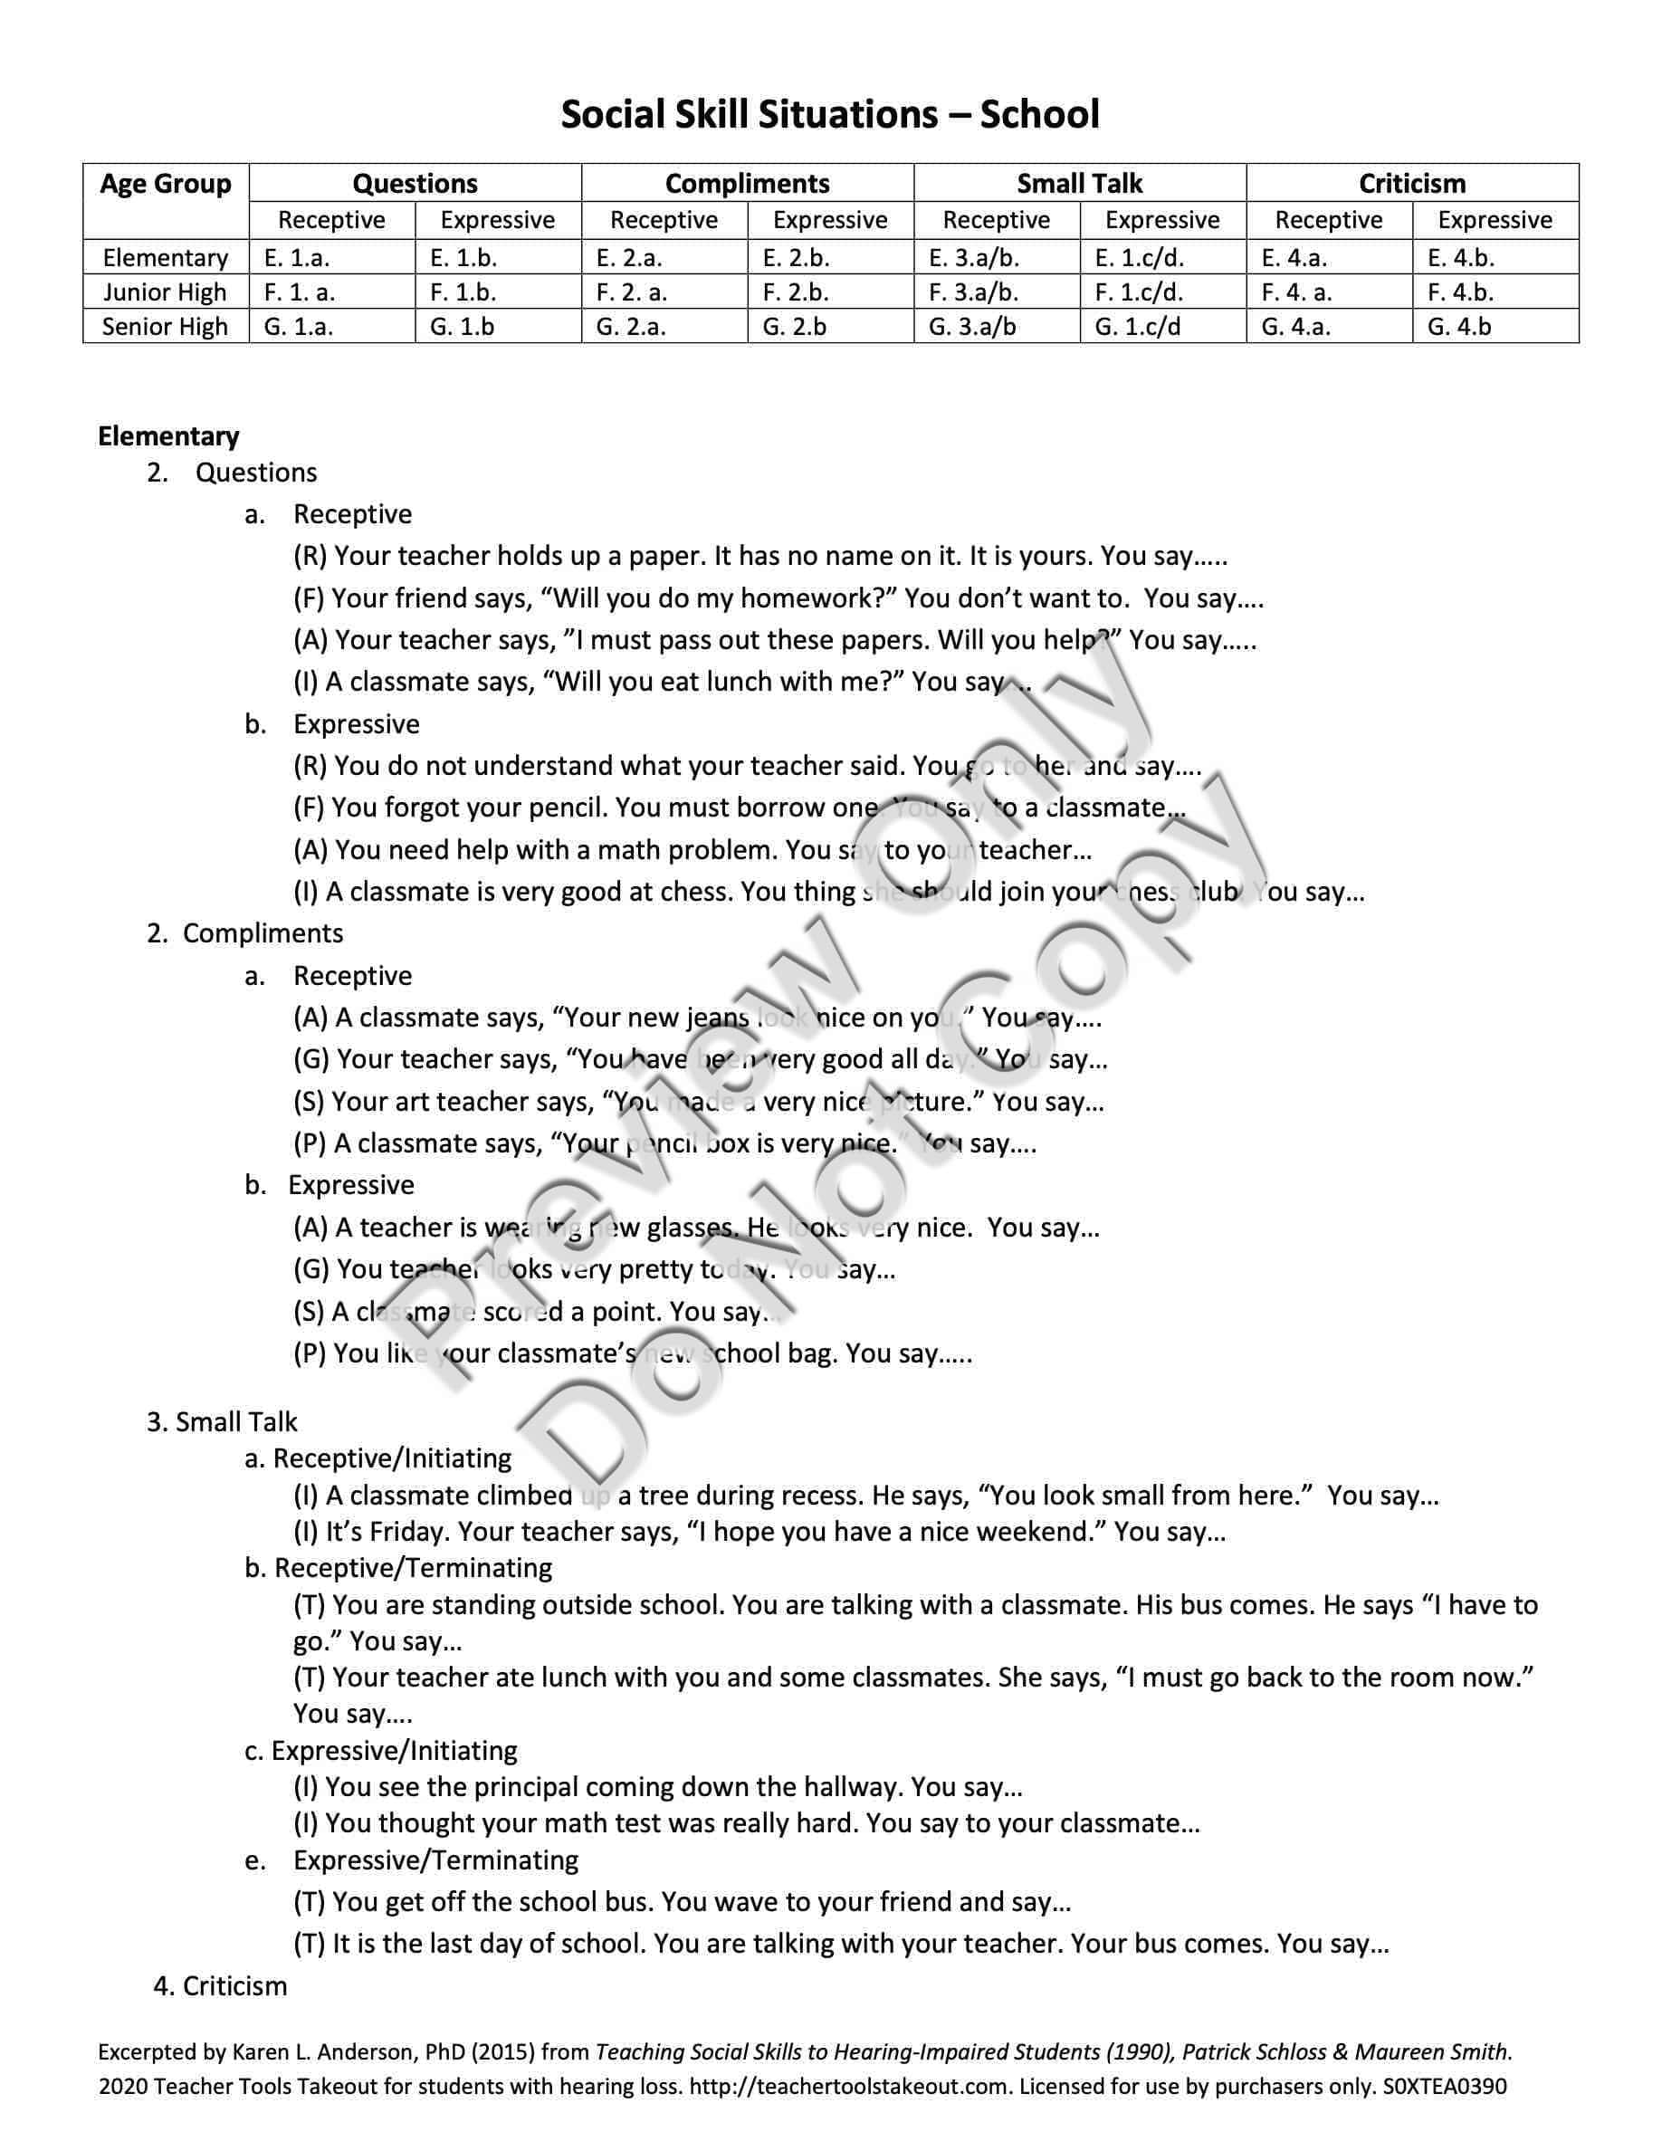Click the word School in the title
pos(1040,115)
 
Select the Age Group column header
pos(166,184)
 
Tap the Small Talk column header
pos(1079,184)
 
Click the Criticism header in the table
pos(1412,184)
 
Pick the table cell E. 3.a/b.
pos(973,258)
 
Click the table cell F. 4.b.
pos(1460,292)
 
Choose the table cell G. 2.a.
pos(631,327)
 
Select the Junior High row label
pos(166,292)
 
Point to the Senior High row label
pos(166,327)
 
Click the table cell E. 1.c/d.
pos(1139,258)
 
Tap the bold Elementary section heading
pos(168,436)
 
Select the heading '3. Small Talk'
pos(222,1422)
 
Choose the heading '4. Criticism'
pos(221,1986)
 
